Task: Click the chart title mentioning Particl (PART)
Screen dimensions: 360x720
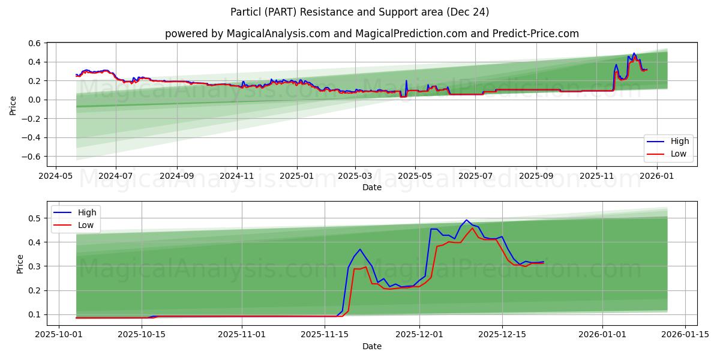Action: tap(360, 12)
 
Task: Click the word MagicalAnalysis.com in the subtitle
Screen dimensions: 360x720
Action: tap(278, 34)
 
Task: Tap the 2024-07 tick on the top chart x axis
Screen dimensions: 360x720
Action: tap(115, 176)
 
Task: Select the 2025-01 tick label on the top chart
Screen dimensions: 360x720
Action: tap(297, 176)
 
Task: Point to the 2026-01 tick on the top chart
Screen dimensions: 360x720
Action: tap(658, 176)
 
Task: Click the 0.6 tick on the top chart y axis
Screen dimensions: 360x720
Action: tap(34, 43)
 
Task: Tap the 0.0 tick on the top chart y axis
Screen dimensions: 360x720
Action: tap(34, 100)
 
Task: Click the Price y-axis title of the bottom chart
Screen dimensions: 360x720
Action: tap(20, 263)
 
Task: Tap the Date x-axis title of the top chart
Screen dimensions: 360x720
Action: tap(372, 188)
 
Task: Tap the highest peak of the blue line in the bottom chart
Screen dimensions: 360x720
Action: tap(466, 220)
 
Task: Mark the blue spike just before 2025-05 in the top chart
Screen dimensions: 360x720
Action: tap(406, 81)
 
